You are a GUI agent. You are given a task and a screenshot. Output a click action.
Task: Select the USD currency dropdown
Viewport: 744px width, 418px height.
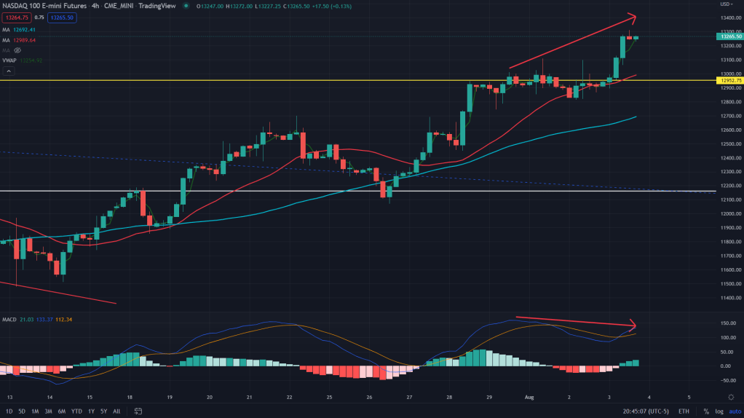725,4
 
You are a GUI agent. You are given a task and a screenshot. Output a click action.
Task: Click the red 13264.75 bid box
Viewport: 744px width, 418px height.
16,17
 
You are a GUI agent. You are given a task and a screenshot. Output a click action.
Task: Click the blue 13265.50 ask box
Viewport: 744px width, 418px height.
60,17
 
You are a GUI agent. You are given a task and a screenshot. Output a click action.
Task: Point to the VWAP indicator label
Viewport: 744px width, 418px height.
9,60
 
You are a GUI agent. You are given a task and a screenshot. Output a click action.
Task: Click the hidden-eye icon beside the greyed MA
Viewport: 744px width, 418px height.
17,50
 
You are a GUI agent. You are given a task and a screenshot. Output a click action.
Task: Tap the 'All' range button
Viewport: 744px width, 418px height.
116,411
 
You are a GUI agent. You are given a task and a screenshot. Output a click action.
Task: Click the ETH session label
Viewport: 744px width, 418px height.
684,411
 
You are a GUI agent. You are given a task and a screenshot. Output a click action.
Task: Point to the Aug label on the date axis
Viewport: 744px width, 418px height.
529,398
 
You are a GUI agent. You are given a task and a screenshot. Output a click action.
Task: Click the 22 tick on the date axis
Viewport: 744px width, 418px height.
290,398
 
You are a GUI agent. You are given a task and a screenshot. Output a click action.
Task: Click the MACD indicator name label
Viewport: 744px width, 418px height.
9,319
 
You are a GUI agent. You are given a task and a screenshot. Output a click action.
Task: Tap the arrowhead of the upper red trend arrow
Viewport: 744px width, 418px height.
633,17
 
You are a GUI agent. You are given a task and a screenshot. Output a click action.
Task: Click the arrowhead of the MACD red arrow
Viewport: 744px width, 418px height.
633,326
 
